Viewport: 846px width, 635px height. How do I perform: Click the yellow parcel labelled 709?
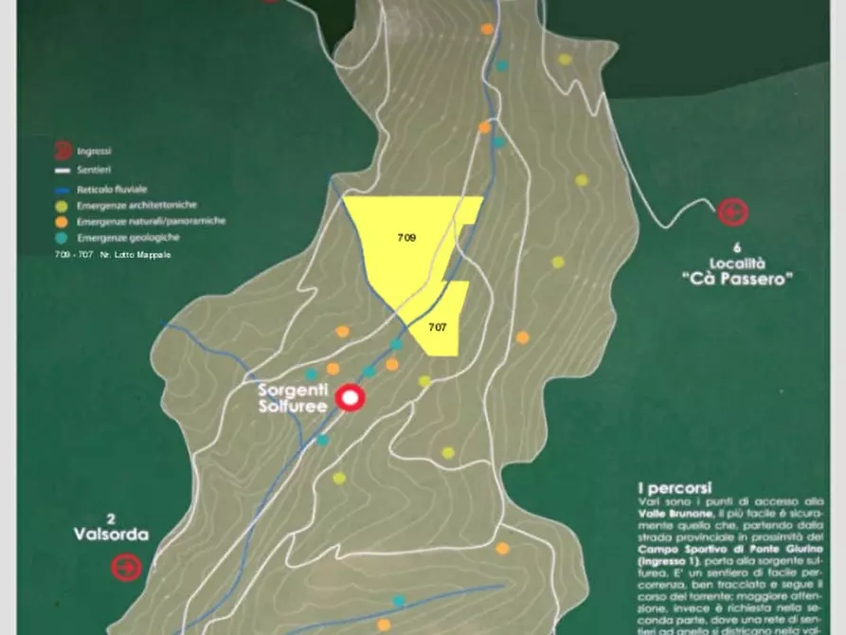(x=407, y=242)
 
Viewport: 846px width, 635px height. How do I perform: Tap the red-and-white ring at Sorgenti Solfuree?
(x=351, y=398)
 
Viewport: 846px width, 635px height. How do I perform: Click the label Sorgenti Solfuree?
(x=293, y=398)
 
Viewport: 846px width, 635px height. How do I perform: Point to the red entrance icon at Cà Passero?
(x=731, y=212)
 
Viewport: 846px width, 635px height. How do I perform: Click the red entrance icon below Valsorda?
(x=126, y=568)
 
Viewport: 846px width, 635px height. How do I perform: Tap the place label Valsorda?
(x=111, y=535)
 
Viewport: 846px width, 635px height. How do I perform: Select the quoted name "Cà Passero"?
(x=736, y=279)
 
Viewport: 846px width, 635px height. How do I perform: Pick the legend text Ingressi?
(x=95, y=151)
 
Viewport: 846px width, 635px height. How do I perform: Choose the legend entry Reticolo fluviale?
(x=112, y=190)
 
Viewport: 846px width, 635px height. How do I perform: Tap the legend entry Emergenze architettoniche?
(x=137, y=205)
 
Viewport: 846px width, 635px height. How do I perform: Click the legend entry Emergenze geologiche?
(x=125, y=238)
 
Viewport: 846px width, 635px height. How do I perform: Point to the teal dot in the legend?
(x=62, y=238)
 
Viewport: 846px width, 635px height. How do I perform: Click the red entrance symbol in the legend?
(x=62, y=150)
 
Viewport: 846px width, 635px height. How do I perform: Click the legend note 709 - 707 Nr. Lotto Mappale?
(x=113, y=256)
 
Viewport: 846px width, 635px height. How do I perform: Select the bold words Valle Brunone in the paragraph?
(x=672, y=513)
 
